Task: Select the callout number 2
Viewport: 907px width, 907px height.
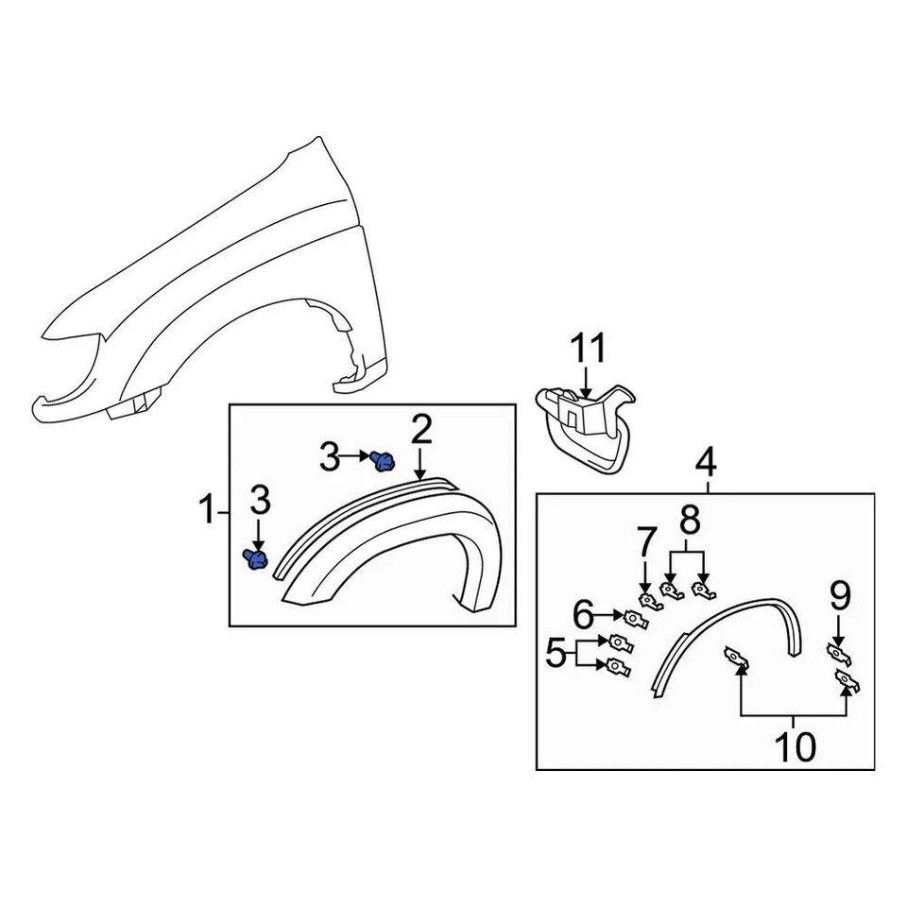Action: coord(420,431)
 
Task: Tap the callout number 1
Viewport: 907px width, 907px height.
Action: coord(206,512)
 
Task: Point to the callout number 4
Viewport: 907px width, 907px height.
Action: coord(707,463)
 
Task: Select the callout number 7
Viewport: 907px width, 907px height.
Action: coord(645,543)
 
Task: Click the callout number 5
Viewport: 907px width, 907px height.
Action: coord(556,652)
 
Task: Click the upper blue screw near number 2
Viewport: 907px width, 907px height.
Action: coord(384,461)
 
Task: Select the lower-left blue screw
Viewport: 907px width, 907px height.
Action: coord(255,559)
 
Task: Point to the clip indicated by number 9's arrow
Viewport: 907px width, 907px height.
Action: coord(838,651)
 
